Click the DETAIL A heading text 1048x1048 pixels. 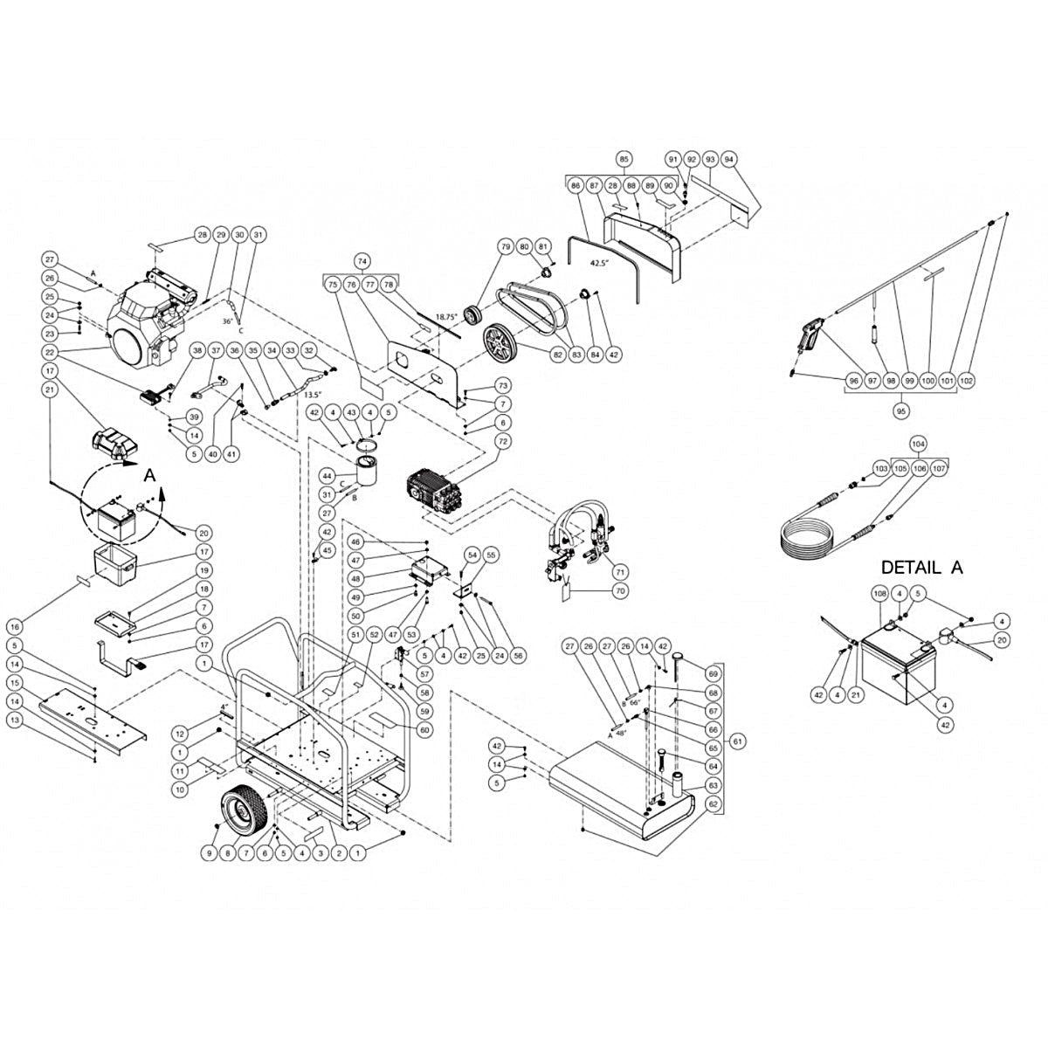[921, 567]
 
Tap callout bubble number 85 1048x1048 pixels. [624, 159]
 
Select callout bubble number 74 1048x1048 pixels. [362, 260]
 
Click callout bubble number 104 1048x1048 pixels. [917, 444]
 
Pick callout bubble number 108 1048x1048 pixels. [880, 594]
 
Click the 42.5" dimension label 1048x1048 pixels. [598, 262]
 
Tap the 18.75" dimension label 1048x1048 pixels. [446, 317]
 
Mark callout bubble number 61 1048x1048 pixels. [739, 741]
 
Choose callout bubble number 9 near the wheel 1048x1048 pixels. [209, 851]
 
